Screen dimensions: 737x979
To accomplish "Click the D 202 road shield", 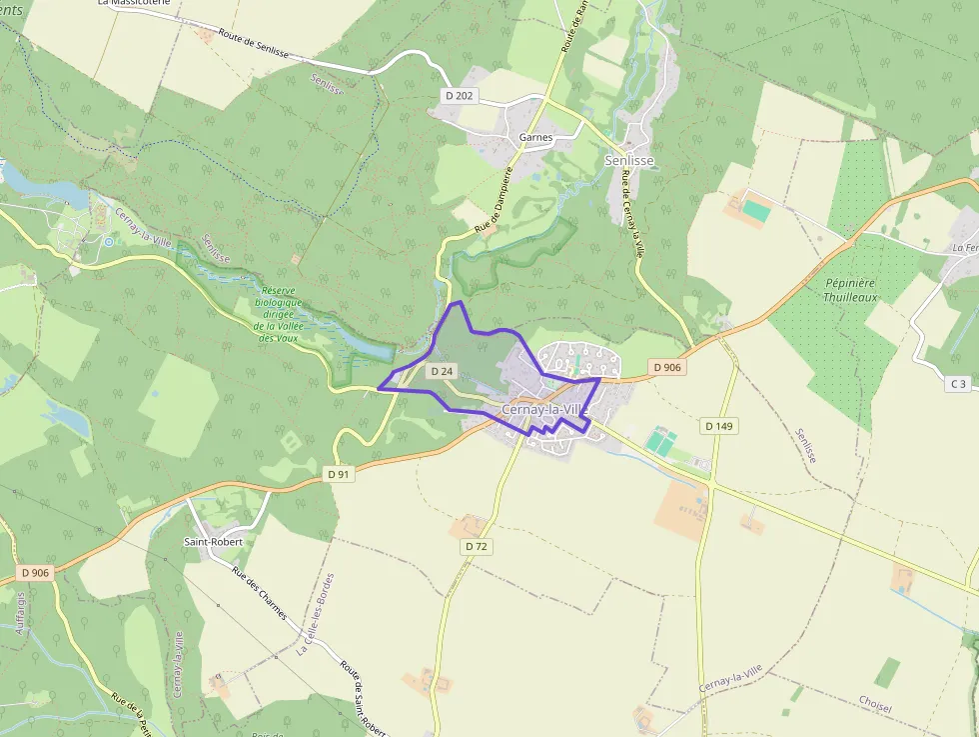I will pos(461,96).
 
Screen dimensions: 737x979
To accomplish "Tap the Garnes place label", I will pos(536,137).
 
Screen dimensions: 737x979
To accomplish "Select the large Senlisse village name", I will pos(630,160).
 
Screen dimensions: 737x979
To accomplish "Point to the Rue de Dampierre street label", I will pos(494,200).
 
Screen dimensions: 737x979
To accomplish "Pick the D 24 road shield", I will pos(442,371).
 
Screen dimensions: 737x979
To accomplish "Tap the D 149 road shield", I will pos(718,426).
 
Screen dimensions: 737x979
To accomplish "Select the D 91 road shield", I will pos(340,474).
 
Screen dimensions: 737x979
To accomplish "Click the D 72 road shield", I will pos(476,547).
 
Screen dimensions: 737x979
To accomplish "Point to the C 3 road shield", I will pos(958,384).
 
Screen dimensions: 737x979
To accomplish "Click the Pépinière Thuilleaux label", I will pos(850,290).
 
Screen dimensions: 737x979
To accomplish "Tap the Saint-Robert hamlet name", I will pos(213,541).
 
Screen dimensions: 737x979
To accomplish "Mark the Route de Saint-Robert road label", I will pos(363,696).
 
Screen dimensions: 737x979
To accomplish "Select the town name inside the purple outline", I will pos(540,410).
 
